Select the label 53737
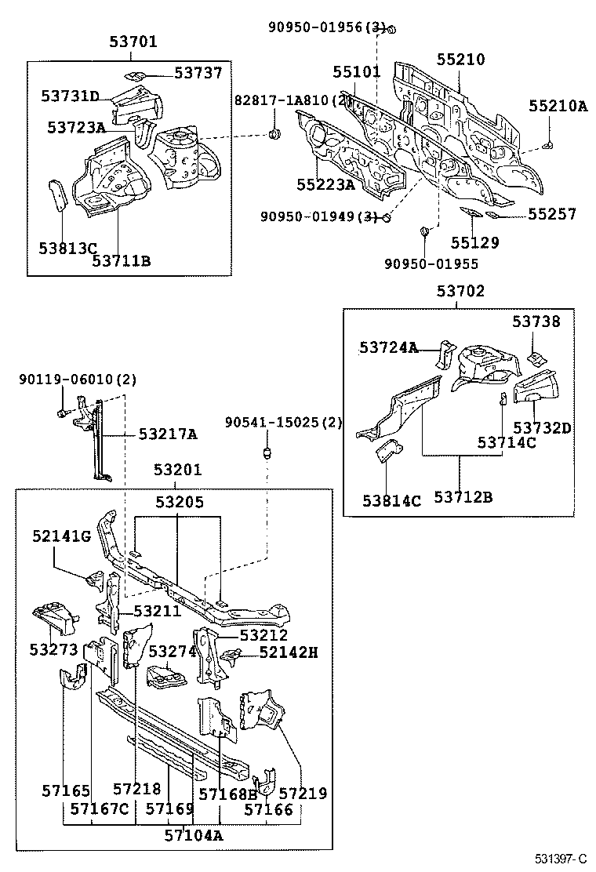point(198,73)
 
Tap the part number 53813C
point(67,249)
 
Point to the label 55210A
point(557,106)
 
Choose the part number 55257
point(551,214)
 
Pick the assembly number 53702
point(460,292)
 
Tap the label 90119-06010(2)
point(78,380)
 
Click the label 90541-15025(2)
point(283,423)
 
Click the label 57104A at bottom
point(193,835)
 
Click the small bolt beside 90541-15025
point(267,453)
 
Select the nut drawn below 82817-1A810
point(275,137)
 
